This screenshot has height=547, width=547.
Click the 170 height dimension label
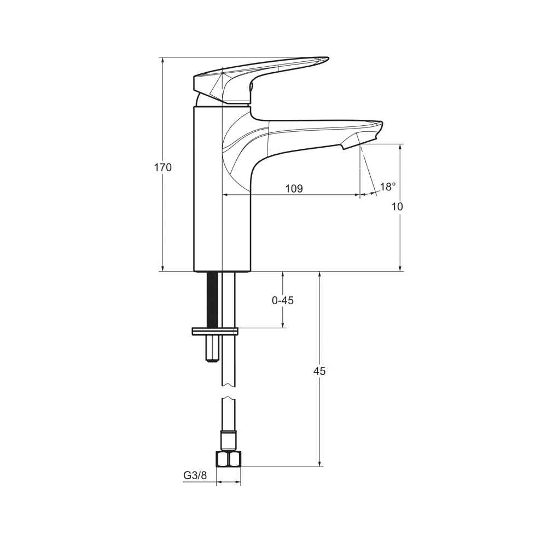pyautogui.click(x=162, y=167)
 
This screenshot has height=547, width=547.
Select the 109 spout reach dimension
pyautogui.click(x=294, y=189)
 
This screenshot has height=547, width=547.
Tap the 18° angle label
pyautogui.click(x=388, y=187)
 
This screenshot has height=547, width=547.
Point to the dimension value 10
pyautogui.click(x=398, y=207)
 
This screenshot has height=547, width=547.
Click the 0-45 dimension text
pyautogui.click(x=283, y=300)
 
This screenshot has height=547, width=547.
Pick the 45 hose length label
pyautogui.click(x=319, y=371)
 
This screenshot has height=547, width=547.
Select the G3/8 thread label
pyautogui.click(x=195, y=475)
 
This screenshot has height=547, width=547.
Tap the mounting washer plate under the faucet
pyautogui.click(x=215, y=331)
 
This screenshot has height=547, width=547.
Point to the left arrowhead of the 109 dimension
pyautogui.click(x=225, y=194)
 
